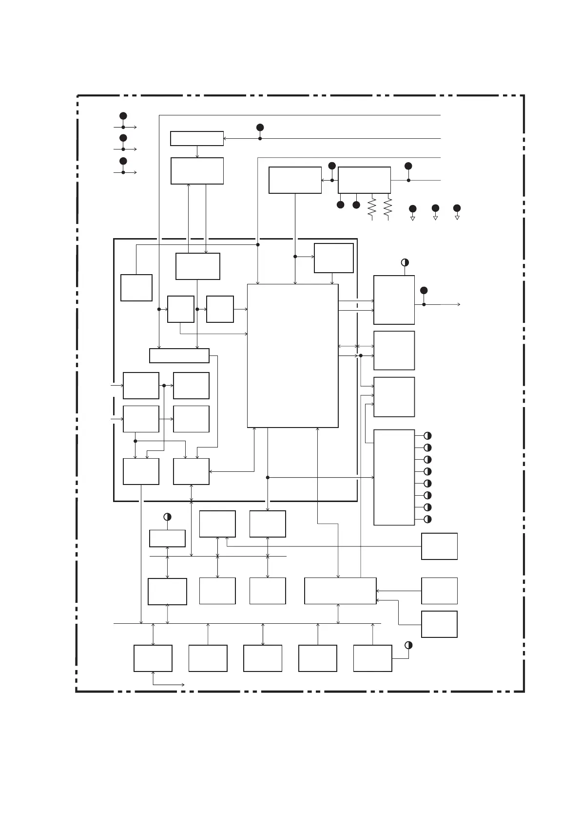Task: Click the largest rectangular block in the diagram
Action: click(292, 355)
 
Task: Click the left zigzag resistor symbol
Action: click(372, 208)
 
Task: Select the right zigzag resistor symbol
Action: click(388, 208)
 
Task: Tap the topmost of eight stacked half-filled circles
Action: click(427, 436)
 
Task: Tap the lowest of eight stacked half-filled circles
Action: click(427, 519)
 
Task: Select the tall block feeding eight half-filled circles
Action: click(394, 477)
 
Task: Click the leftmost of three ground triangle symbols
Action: click(412, 219)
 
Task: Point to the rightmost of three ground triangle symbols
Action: click(457, 218)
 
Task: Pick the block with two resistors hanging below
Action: click(364, 180)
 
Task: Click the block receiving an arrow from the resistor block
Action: click(295, 180)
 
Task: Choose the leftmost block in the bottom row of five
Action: click(153, 658)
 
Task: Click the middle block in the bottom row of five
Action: click(263, 658)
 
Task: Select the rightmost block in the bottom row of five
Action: click(372, 658)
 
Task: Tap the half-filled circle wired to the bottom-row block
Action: click(408, 645)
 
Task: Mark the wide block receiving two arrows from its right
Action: click(340, 591)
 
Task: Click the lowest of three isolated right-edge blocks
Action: click(439, 624)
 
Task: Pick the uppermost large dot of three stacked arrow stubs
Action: click(123, 116)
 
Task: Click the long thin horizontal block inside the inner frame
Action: click(179, 355)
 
